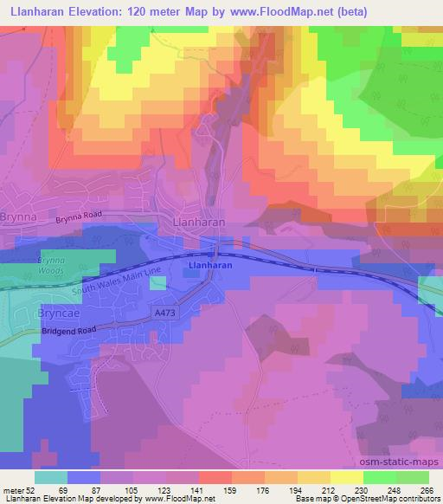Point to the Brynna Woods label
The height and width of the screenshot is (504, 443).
coord(52,265)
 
